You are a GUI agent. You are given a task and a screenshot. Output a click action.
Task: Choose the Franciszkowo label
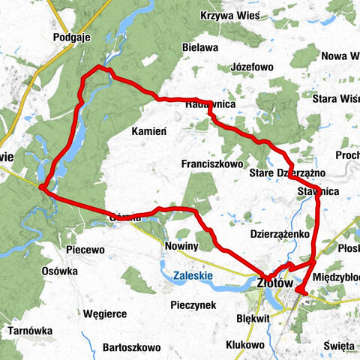[x=213, y=163]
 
